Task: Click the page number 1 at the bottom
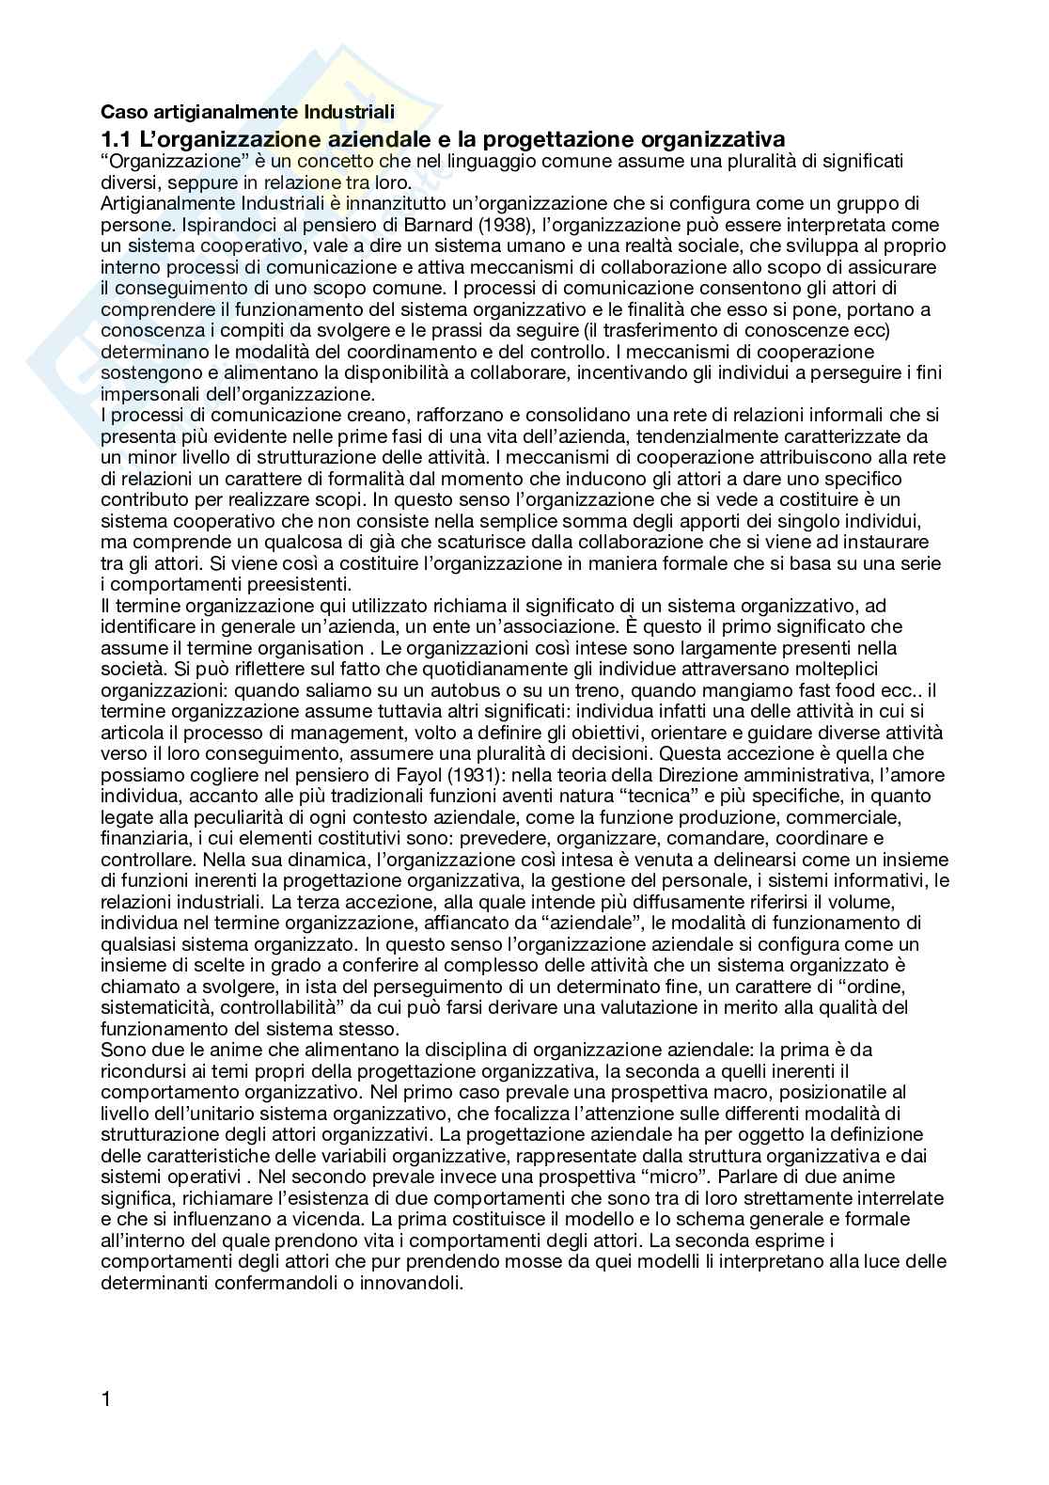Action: [106, 1425]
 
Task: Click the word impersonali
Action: [149, 394]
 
